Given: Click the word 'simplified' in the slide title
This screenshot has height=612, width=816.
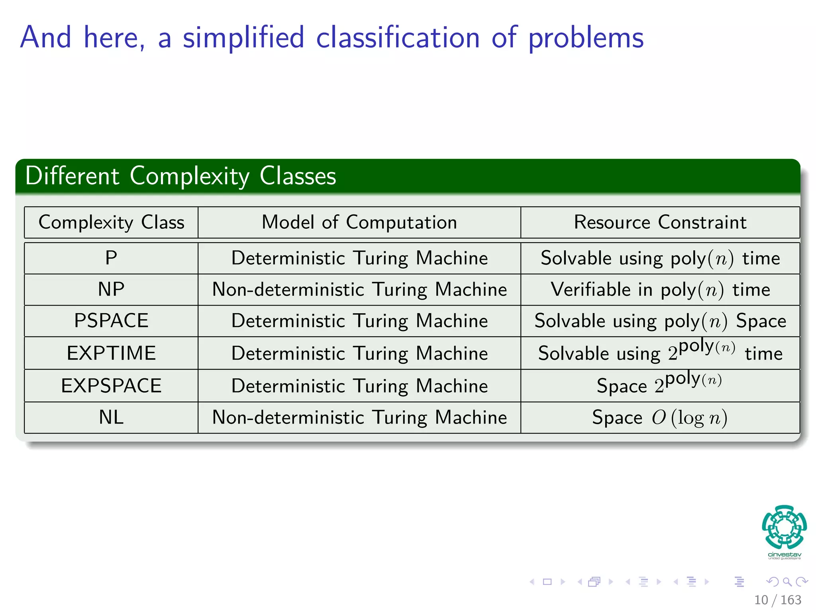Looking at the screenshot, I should pos(243,38).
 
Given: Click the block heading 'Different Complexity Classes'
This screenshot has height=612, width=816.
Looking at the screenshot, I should pos(180,176).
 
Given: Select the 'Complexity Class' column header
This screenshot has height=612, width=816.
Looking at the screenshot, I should pos(111,222).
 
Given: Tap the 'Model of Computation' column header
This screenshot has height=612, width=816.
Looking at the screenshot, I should pos(359,222).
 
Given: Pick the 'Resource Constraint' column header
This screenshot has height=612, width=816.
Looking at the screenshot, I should pos(660,222).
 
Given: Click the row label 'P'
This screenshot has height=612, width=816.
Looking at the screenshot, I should pos(111,258).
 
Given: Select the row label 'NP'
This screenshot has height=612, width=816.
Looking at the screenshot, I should pos(111,289).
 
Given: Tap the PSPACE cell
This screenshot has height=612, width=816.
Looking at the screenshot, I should pos(111,321).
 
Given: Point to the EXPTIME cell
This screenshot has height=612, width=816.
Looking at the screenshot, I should pos(111,353).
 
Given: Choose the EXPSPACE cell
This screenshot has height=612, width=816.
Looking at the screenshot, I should pos(111,386).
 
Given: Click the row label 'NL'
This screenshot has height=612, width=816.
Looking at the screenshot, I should pos(111,418).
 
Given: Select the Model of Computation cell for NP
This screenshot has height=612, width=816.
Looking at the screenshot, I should pos(359,289).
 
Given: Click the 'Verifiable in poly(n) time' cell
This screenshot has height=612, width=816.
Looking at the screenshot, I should pos(660,289).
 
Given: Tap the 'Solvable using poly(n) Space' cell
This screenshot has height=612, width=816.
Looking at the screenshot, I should pos(660,321).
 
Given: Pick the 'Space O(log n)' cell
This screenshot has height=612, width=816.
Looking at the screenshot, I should pos(660,418).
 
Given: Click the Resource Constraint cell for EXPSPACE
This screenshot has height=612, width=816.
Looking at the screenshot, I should pos(660,386).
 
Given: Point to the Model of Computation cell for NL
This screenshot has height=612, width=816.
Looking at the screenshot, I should pos(359,418).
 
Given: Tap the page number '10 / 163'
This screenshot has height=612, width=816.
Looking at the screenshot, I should pos(777,600).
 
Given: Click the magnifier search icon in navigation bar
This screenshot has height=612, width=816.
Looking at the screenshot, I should pos(787,582).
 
